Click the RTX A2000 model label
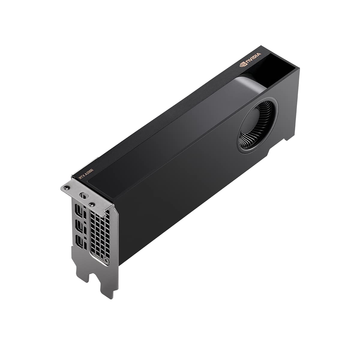86,174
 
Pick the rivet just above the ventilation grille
92,205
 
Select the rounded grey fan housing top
249,85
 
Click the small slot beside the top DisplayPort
85,214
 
